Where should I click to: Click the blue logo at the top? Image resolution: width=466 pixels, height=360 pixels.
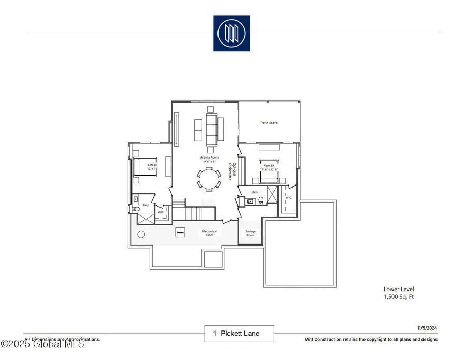coord(231,33)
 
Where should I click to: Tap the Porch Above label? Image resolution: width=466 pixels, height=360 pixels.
coord(269,123)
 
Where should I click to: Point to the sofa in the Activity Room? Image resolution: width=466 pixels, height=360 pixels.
coord(211,129)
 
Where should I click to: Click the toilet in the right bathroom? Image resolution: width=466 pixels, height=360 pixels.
coord(261,201)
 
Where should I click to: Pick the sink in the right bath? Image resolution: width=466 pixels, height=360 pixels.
coord(251,201)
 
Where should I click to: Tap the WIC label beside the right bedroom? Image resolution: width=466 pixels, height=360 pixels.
coord(288,197)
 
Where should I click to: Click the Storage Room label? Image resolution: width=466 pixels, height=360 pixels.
coord(251,233)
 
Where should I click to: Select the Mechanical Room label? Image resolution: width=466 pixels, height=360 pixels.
coord(209,233)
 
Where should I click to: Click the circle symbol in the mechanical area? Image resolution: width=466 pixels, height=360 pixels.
coord(141,234)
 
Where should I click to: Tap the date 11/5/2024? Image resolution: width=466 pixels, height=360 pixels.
coord(427,328)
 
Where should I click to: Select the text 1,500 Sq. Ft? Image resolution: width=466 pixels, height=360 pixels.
coord(399,297)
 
